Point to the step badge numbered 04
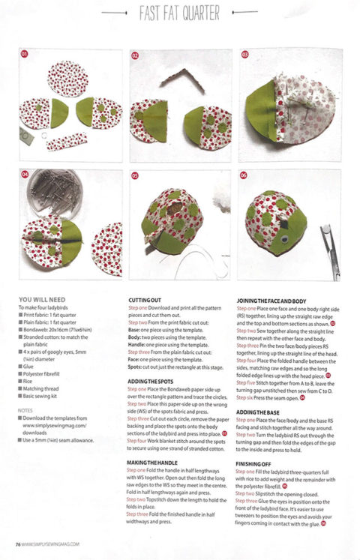(24, 175)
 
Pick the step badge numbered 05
(135, 175)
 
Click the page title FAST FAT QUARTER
(179, 13)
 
